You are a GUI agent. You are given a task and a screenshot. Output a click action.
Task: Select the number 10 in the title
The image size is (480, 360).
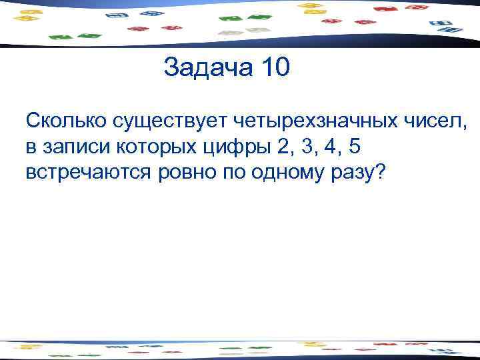273,69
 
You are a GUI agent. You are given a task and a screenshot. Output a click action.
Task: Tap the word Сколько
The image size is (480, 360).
66,121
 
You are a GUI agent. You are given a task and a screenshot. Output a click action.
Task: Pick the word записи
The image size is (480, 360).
74,147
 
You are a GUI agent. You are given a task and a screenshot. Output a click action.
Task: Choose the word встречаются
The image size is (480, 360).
89,172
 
